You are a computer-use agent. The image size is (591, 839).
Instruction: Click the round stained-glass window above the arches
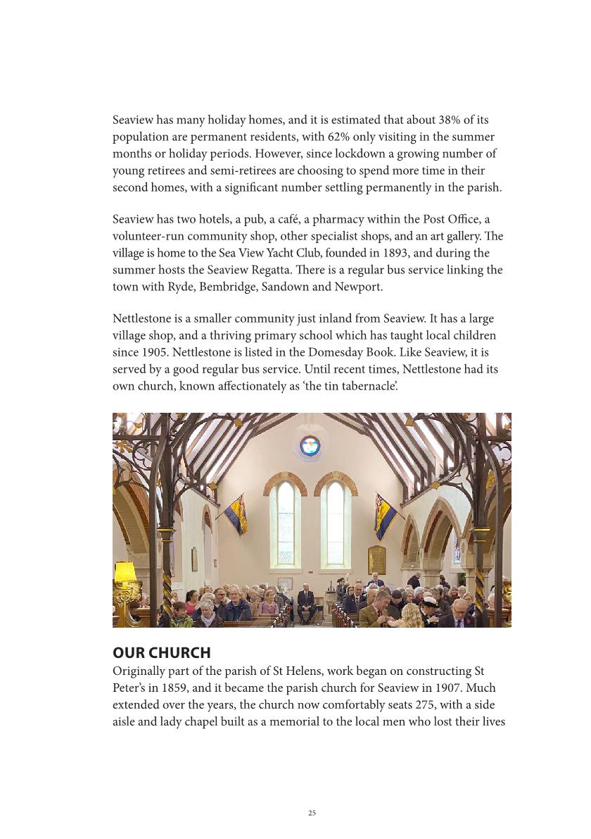pos(310,445)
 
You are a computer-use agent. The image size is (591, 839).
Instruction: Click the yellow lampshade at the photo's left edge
pos(125,571)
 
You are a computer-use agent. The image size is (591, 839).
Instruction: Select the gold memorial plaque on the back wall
pos(377,560)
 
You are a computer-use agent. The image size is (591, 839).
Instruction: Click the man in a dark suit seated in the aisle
pos(305,603)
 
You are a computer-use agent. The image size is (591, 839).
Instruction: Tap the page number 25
pos(312,813)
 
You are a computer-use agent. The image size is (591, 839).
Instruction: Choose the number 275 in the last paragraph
pos(397,705)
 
